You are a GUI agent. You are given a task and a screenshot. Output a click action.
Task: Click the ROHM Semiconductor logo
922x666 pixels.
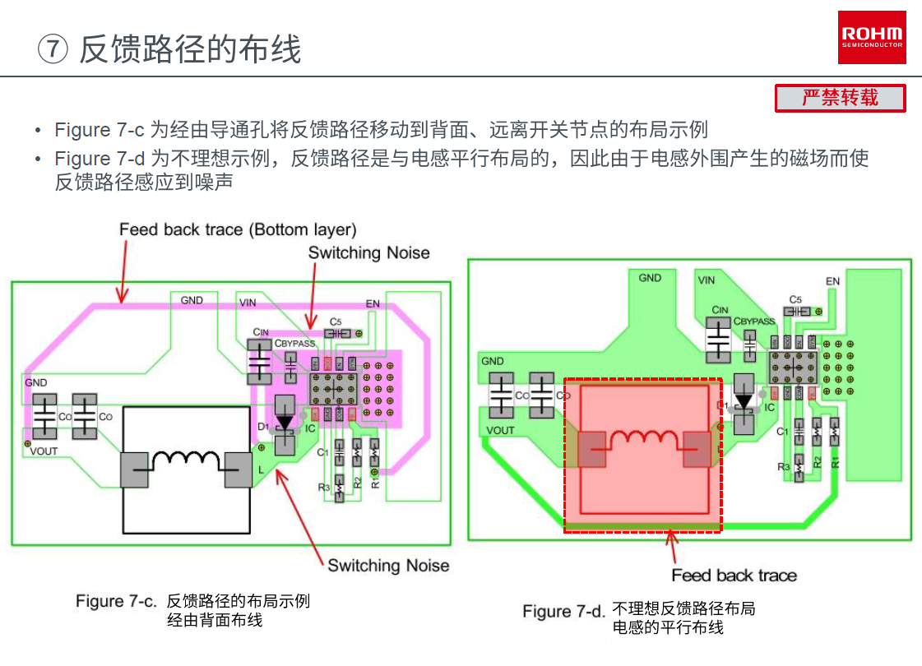pyautogui.click(x=872, y=37)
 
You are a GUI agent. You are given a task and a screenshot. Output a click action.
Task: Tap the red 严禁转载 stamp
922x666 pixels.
pyautogui.click(x=840, y=98)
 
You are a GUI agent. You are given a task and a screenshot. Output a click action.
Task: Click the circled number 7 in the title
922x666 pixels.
pyautogui.click(x=53, y=49)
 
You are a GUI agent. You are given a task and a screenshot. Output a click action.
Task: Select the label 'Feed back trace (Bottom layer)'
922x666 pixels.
pyautogui.click(x=238, y=229)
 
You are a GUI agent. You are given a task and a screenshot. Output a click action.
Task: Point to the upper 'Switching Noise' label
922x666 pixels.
pyautogui.click(x=368, y=252)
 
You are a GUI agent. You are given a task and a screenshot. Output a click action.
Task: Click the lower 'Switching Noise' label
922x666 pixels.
pyautogui.click(x=388, y=565)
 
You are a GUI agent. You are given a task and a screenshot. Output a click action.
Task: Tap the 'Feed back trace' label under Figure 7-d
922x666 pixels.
pyautogui.click(x=734, y=575)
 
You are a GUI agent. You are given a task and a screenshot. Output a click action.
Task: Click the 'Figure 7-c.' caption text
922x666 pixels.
pyautogui.click(x=116, y=601)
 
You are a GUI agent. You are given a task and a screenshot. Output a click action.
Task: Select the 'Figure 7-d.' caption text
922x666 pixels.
pyautogui.click(x=563, y=611)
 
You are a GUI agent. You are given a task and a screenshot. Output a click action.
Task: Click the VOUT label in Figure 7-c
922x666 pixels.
pyautogui.click(x=44, y=451)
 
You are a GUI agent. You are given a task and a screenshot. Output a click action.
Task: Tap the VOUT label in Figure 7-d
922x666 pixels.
pyautogui.click(x=500, y=430)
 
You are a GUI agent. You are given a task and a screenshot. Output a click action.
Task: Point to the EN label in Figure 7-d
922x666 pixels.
pyautogui.click(x=832, y=281)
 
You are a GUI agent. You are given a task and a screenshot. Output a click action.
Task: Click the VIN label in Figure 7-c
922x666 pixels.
pyautogui.click(x=248, y=302)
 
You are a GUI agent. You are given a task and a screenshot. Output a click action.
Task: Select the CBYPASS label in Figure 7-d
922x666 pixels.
pyautogui.click(x=754, y=321)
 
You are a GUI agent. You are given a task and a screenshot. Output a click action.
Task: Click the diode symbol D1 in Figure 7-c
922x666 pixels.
pyautogui.click(x=285, y=421)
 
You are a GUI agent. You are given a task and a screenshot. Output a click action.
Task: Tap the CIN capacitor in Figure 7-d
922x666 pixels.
pyautogui.click(x=720, y=340)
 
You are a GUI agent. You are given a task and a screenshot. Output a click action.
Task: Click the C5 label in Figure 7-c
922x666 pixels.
pyautogui.click(x=335, y=321)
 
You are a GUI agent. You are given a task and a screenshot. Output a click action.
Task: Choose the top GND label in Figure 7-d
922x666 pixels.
pyautogui.click(x=650, y=278)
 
